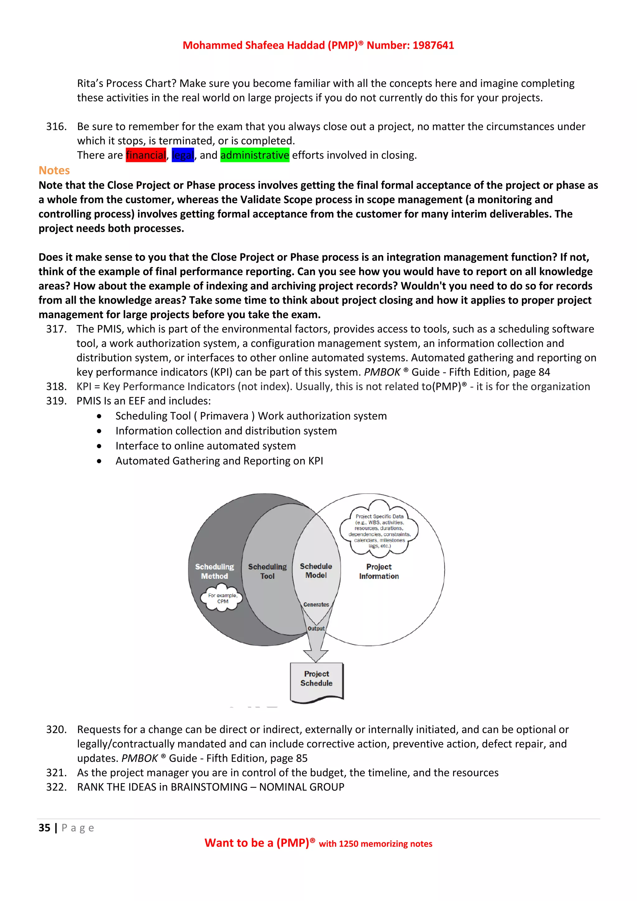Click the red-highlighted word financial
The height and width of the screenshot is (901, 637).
tap(146, 155)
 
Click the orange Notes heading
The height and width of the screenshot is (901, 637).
tap(54, 170)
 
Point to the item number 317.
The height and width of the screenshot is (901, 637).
tap(56, 329)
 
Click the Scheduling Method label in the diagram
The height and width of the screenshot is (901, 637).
tap(214, 571)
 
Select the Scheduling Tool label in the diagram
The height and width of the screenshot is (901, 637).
tap(267, 571)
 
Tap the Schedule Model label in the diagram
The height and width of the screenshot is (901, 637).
tap(316, 571)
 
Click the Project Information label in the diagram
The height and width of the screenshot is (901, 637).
tap(379, 571)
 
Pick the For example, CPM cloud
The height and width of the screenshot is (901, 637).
tap(222, 598)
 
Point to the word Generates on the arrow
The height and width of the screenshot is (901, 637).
tap(316, 604)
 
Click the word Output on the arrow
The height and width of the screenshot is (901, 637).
tap(316, 628)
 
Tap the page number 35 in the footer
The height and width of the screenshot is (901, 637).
tap(44, 828)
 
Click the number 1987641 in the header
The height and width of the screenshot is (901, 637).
tap(433, 45)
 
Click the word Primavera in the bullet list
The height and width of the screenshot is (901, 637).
tap(224, 416)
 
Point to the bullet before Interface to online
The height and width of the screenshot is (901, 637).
tap(99, 446)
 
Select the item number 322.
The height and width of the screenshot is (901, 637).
tap(56, 787)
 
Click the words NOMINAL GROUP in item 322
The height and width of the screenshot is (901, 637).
tap(302, 787)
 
